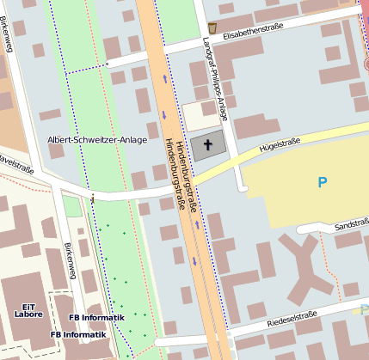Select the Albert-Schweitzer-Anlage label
[96, 139]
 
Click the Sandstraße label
[352, 224]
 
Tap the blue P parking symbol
[323, 182]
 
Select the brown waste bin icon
[212, 27]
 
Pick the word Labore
[28, 315]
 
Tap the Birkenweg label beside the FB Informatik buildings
[71, 255]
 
